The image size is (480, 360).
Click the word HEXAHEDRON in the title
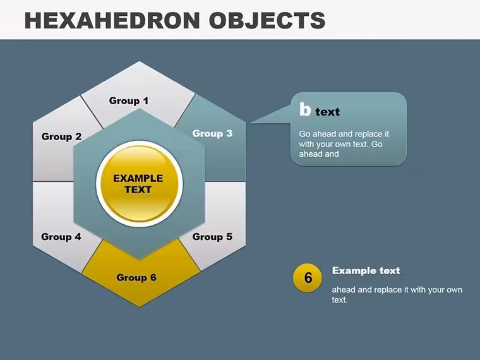point(112,20)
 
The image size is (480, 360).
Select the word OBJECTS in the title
point(267,20)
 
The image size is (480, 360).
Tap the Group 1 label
point(129,100)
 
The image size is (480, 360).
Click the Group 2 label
point(61,136)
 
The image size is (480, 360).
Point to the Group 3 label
point(212,133)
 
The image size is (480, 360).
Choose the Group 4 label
point(61,237)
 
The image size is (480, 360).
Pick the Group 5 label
point(212,237)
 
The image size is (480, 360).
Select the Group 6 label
point(136,278)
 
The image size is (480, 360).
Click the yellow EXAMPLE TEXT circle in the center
point(140,184)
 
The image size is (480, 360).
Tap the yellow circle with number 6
point(308,278)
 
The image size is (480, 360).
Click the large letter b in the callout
point(305,109)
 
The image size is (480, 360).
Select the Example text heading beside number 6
point(366,270)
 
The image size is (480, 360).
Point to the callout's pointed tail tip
point(251,123)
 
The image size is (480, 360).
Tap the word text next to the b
point(328,112)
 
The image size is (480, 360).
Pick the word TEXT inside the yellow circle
point(138,190)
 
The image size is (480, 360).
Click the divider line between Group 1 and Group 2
point(92,112)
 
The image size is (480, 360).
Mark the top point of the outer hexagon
point(140,61)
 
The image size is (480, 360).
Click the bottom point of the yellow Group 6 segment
point(140,306)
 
